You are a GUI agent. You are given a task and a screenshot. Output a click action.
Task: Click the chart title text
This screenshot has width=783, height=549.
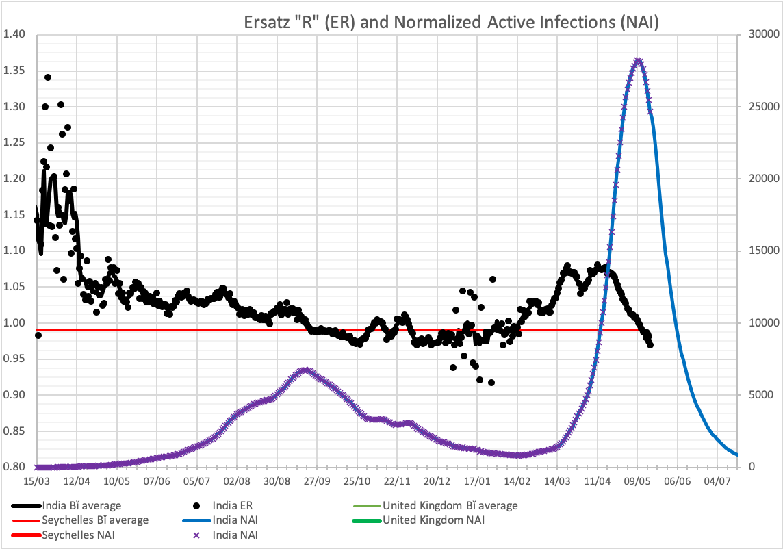click(x=451, y=23)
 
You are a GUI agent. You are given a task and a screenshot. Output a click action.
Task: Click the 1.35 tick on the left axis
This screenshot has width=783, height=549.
click(x=15, y=71)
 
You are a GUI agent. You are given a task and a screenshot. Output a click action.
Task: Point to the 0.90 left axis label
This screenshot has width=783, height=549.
click(x=15, y=395)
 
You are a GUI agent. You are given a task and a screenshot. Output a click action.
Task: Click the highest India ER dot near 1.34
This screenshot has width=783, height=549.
click(x=48, y=77)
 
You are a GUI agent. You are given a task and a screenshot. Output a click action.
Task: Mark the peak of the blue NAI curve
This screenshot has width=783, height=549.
click(x=638, y=60)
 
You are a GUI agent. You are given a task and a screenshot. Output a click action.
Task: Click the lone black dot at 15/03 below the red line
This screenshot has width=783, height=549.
click(x=38, y=335)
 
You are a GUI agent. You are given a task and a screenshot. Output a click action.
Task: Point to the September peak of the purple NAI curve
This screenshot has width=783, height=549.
click(x=306, y=370)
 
